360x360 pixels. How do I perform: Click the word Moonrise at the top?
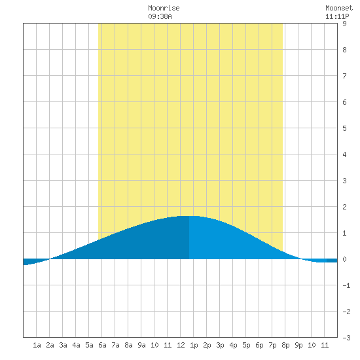(x=164, y=8)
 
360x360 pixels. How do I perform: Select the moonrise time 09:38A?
(x=160, y=16)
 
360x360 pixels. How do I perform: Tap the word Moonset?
(x=339, y=8)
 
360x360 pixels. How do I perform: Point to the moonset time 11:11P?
(x=337, y=16)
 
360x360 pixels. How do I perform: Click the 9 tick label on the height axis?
(x=344, y=24)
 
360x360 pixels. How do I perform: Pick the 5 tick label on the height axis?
(x=344, y=128)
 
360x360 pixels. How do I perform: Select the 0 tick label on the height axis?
(x=344, y=259)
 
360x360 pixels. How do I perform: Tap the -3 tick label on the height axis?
(x=347, y=338)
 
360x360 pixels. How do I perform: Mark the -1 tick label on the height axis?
(x=347, y=285)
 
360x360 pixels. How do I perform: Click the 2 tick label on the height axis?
(x=344, y=207)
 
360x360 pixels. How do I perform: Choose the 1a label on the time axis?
(x=37, y=345)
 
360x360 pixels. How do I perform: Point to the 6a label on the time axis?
(x=102, y=345)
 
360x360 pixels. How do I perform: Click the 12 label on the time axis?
(x=181, y=345)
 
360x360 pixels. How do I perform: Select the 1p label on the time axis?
(x=194, y=345)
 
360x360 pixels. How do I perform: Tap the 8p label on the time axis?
(x=285, y=345)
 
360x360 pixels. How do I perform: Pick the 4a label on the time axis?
(x=76, y=345)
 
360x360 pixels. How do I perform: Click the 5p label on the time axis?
(x=246, y=345)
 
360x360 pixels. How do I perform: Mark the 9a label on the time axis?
(x=141, y=345)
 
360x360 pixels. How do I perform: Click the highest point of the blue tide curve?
(x=189, y=216)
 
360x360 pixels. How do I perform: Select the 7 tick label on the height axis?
(x=344, y=76)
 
